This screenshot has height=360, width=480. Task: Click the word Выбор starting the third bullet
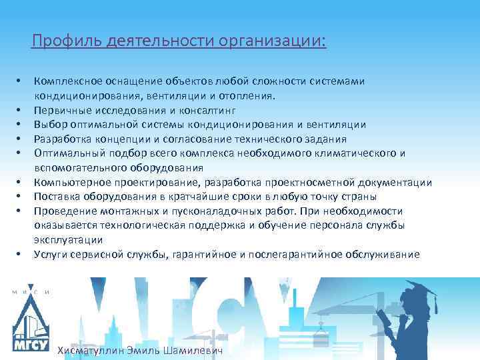[49, 124]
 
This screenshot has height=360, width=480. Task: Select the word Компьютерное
[69, 182]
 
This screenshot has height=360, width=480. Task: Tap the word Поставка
[57, 197]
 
